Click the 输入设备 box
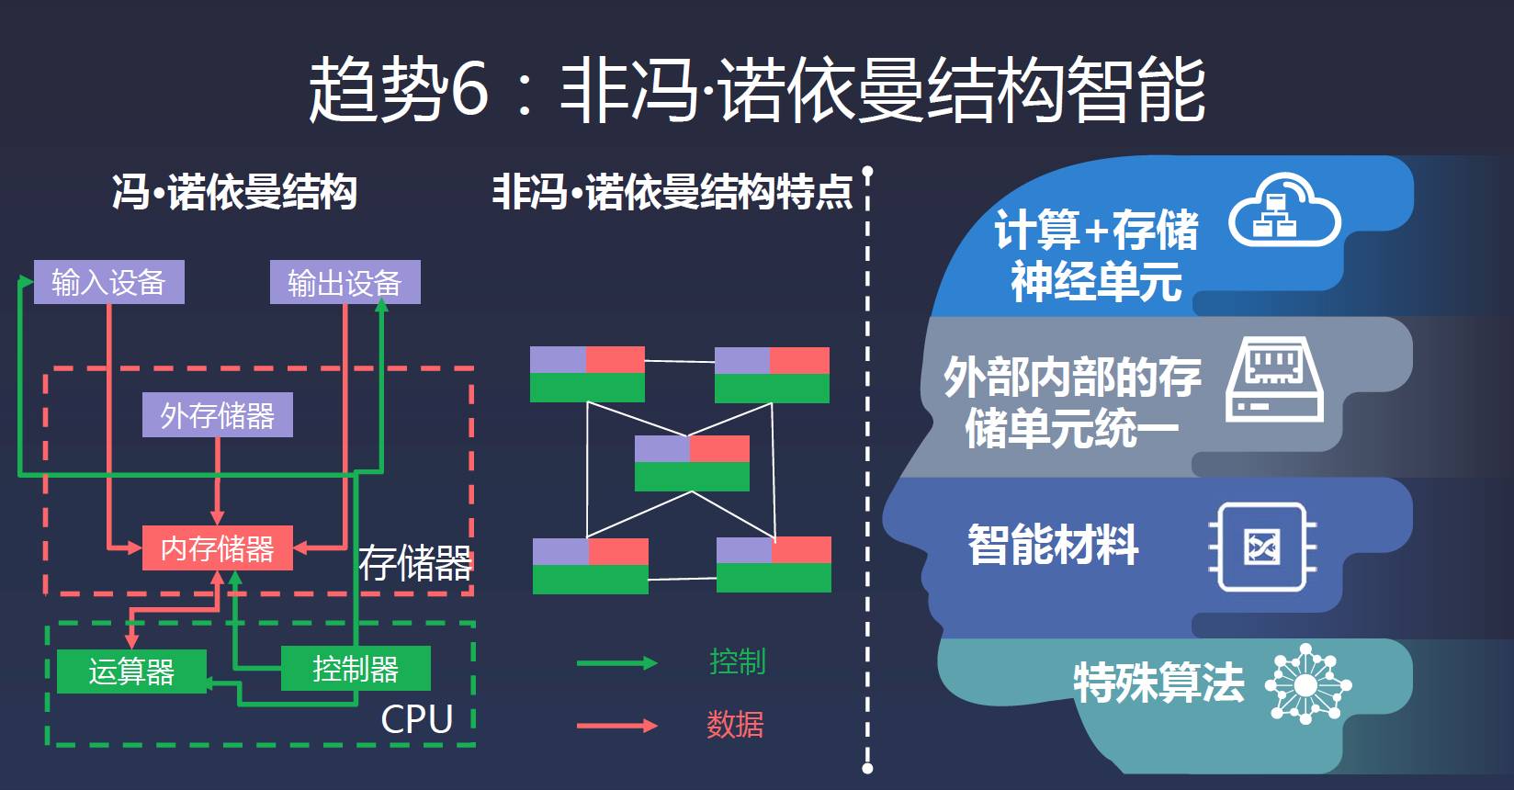(x=108, y=282)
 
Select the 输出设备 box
(x=345, y=282)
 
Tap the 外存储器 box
(x=217, y=415)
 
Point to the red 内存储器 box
(x=217, y=548)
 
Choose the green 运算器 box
(x=131, y=671)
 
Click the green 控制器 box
(x=355, y=668)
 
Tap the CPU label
(x=417, y=719)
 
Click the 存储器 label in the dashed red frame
(x=414, y=563)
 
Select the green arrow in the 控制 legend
(x=616, y=663)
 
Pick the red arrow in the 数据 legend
(x=616, y=726)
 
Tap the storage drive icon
(x=1275, y=380)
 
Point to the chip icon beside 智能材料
(x=1262, y=547)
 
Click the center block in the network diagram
(x=692, y=463)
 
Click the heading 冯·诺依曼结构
(x=234, y=193)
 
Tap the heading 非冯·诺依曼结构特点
(x=672, y=193)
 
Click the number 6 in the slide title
(x=469, y=91)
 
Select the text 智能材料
(x=1053, y=545)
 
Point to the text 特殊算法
(x=1158, y=683)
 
